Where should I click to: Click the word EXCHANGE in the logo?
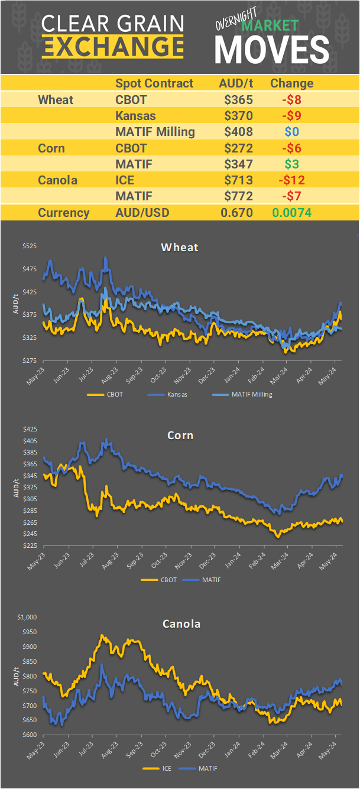pos(113,46)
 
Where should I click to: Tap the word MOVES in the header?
pos(271,50)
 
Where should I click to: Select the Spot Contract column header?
pos(154,83)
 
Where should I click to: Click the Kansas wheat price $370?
pos(238,116)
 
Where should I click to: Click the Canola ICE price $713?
pos(238,180)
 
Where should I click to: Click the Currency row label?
pos(63,213)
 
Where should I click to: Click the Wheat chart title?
pos(180,247)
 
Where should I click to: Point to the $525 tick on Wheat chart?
pos(29,246)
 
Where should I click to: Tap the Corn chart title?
pos(180,436)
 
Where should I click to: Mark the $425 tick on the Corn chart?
pos(29,430)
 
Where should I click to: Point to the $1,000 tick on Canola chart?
pos(27,617)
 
